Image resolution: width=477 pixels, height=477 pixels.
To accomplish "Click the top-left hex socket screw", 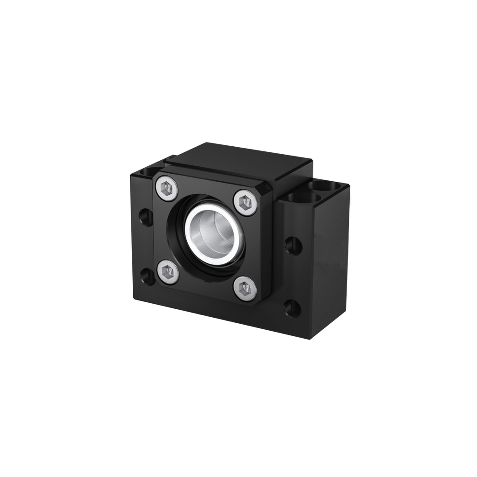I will tap(168, 189).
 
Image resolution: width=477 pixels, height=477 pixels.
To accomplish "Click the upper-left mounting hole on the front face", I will tap(146, 217).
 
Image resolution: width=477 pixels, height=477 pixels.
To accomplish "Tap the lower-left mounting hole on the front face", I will tap(147, 276).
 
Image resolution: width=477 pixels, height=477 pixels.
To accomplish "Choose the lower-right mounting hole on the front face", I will tap(293, 307).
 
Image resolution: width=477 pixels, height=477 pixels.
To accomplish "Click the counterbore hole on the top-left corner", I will tap(148, 173).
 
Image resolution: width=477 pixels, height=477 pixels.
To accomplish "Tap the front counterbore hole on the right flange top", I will tap(303, 198).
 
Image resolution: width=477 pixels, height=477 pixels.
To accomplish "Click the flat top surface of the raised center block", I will tap(238, 161).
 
